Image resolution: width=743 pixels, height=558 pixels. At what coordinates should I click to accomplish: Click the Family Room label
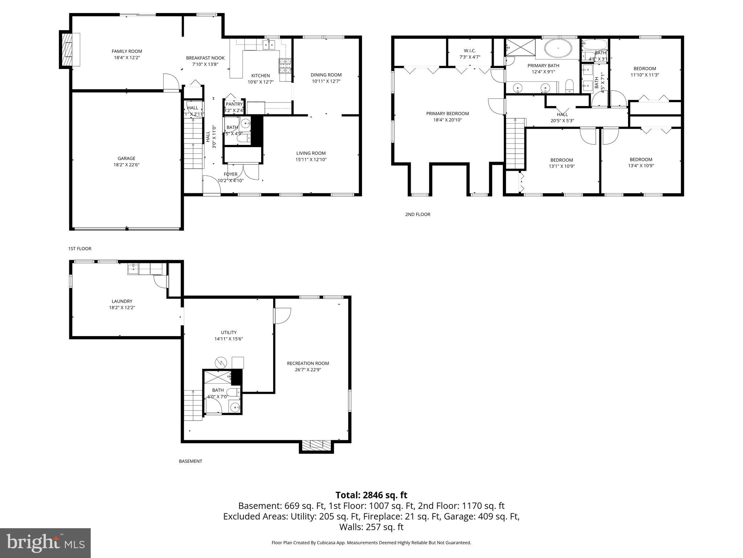point(127,51)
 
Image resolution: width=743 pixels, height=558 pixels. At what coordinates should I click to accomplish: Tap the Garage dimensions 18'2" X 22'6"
point(126,165)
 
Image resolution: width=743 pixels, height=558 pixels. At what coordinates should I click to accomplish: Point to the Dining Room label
point(326,75)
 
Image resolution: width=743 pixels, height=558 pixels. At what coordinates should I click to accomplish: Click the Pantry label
point(234,104)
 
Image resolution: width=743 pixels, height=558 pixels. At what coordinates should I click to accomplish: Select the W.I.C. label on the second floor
point(469,51)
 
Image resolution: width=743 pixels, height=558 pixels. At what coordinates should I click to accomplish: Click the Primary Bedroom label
point(447,113)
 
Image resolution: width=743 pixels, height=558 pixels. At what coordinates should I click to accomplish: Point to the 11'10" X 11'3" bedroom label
point(645,75)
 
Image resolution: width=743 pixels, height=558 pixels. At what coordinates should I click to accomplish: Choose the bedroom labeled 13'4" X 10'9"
point(641,162)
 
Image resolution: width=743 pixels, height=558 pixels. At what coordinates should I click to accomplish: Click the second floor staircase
point(516,143)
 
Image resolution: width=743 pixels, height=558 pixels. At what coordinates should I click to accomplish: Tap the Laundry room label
point(122,301)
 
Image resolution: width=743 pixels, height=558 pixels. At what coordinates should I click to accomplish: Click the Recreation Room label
point(308,363)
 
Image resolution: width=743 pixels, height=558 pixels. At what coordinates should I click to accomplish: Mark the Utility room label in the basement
point(229,332)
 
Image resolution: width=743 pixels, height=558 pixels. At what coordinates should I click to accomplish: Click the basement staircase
point(193,405)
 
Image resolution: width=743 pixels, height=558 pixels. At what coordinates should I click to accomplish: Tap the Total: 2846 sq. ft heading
point(371,495)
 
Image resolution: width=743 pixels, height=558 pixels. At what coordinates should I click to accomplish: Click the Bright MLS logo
point(45,543)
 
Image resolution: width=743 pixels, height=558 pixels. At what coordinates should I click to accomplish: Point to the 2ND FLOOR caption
point(418,214)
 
